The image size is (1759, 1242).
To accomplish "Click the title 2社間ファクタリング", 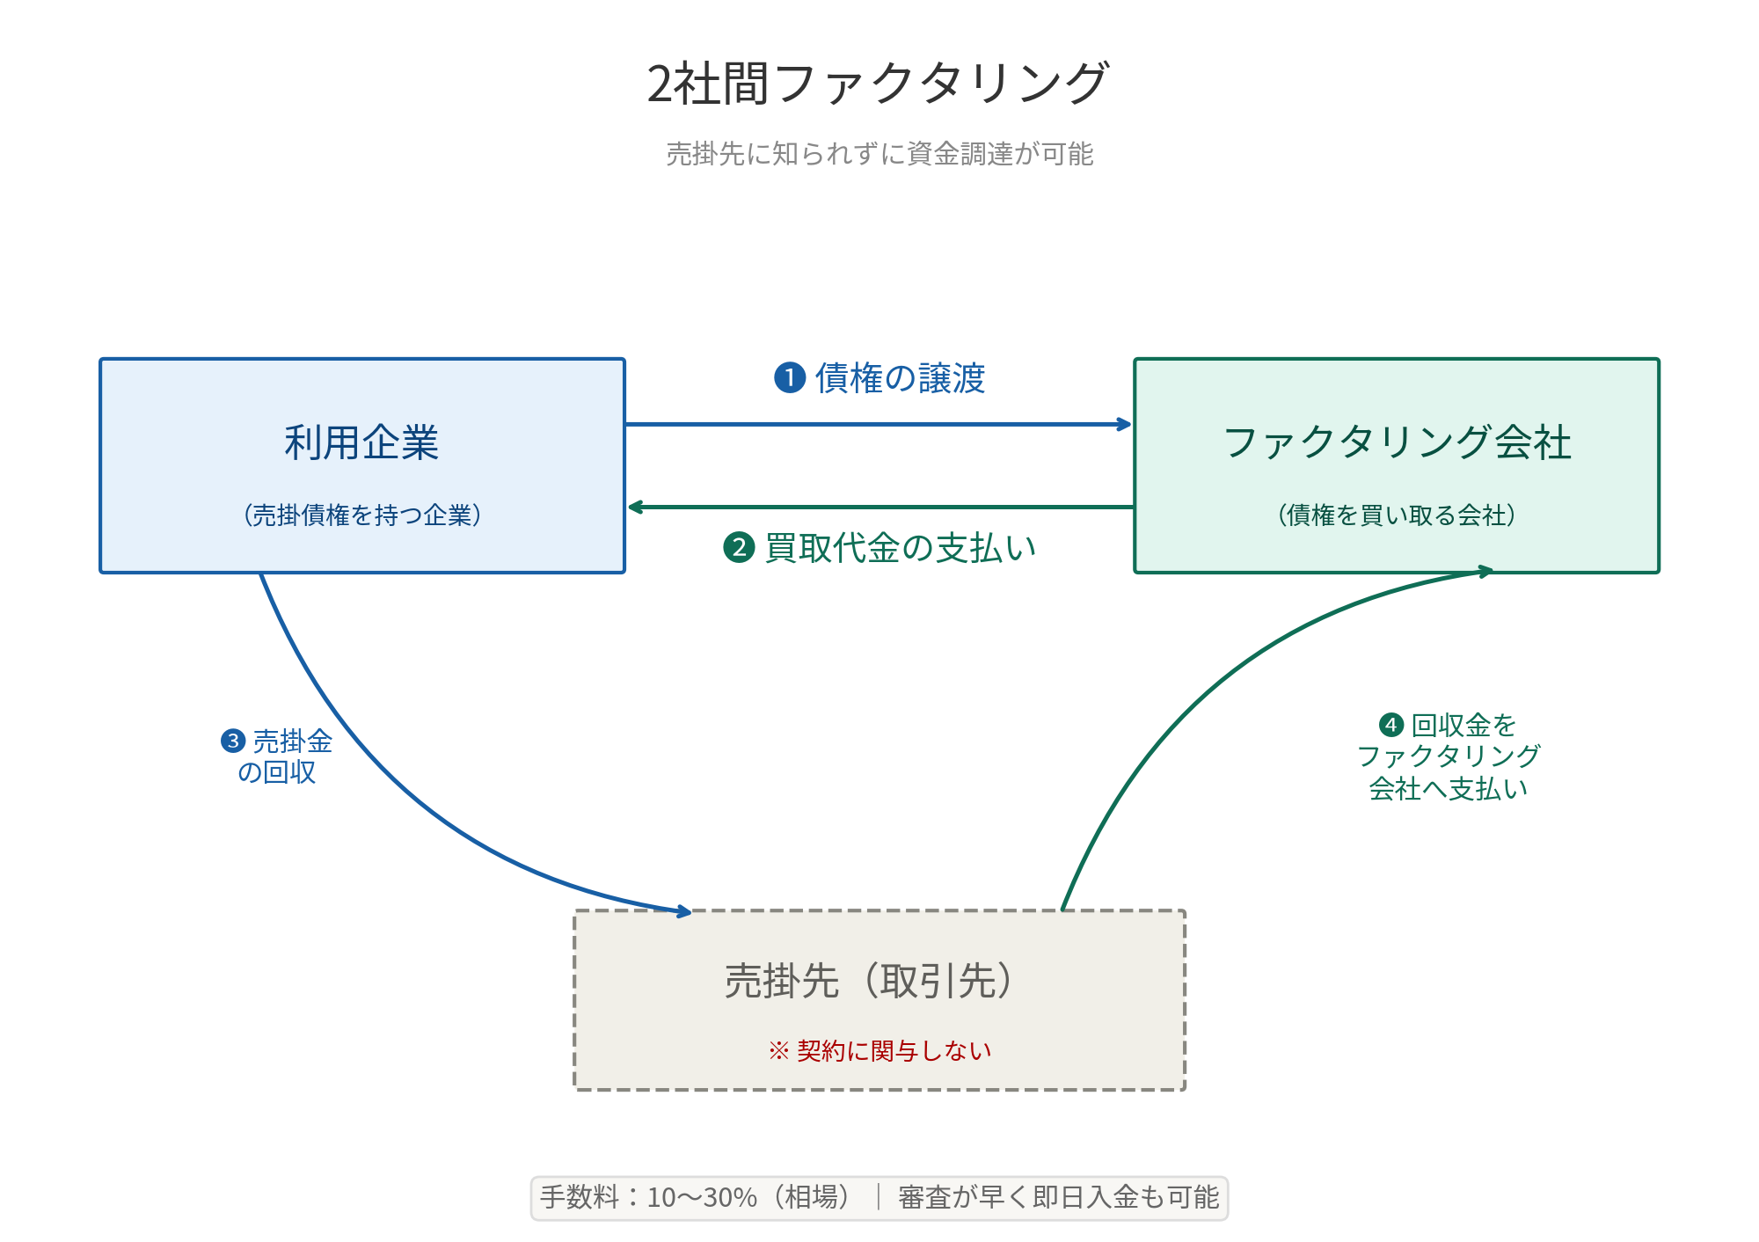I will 878,84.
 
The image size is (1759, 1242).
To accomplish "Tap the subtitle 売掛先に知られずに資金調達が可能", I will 879,154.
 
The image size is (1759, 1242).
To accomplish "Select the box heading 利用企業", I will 361,442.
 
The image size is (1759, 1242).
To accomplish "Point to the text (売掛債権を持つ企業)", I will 361,515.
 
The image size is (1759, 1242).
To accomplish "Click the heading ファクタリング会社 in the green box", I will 1397,442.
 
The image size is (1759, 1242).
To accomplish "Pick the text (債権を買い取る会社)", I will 1397,515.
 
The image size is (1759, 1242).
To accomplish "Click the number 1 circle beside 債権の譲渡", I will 790,378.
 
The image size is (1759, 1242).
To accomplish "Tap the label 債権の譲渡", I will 900,378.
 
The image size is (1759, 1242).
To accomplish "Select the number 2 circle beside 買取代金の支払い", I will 739,548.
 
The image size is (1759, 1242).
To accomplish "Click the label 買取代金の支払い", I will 901,548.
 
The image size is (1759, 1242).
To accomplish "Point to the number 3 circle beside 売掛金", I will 232,741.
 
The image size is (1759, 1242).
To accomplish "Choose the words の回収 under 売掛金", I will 277,772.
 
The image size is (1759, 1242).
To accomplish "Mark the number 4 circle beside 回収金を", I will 1390,725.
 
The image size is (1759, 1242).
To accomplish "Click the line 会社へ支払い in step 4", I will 1448,789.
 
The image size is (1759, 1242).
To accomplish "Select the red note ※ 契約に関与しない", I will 879,1051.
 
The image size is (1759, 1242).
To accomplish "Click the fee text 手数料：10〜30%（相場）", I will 695,1197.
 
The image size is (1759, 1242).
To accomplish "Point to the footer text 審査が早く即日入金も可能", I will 1058,1197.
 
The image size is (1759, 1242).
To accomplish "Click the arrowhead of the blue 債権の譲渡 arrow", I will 1125,425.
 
